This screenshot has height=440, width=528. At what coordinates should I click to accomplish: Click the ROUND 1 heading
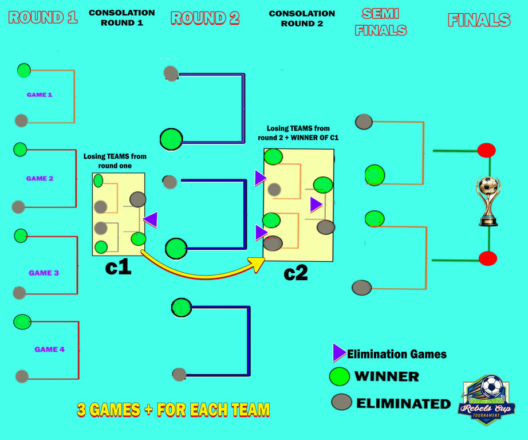[x=43, y=17]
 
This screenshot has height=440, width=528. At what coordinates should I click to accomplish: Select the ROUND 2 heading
[x=205, y=18]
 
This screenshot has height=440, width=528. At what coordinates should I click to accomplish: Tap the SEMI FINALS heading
[x=380, y=22]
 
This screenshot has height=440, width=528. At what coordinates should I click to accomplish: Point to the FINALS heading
[x=479, y=20]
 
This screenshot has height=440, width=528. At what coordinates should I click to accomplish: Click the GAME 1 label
[x=40, y=95]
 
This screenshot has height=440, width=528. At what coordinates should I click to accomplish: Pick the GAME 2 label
[x=40, y=178]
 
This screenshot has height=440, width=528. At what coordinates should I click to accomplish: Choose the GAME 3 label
[x=44, y=273]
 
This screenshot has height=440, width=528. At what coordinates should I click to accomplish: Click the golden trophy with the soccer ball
[x=488, y=200]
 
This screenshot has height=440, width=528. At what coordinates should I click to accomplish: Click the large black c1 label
[x=118, y=267]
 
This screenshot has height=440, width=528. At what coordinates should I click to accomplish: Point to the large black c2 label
[x=295, y=273]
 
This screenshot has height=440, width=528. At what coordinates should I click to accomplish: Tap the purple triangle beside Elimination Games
[x=339, y=353]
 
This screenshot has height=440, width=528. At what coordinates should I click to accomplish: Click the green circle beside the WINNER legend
[x=339, y=376]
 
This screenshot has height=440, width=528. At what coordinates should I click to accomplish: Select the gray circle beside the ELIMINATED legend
[x=341, y=402]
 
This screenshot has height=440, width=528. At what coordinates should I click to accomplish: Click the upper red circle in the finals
[x=486, y=150]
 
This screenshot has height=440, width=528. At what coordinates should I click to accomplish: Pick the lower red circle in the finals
[x=487, y=258]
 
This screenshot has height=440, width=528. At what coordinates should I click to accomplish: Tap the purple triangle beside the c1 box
[x=151, y=219]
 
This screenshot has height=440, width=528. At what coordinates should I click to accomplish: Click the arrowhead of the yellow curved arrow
[x=258, y=264]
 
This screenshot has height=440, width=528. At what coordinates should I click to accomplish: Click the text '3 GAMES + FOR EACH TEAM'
[x=173, y=410]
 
